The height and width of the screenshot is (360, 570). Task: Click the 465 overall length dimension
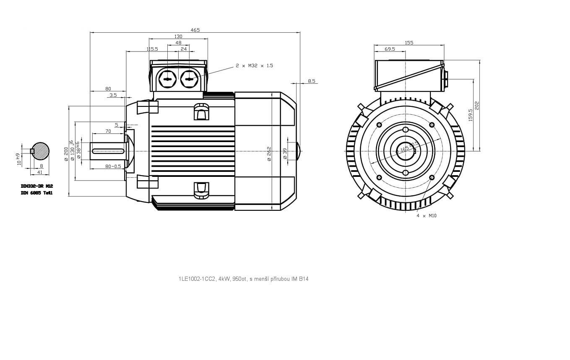195,30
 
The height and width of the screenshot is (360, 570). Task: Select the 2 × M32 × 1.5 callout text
254,66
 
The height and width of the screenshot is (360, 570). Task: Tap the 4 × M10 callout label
427,215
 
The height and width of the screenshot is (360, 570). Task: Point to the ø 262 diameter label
269,154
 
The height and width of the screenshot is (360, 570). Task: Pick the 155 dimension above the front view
409,42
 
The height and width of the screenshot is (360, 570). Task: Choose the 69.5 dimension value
390,49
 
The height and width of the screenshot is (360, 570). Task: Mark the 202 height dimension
477,105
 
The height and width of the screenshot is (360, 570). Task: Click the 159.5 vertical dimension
470,115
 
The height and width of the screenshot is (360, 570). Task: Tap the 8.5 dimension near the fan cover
311,81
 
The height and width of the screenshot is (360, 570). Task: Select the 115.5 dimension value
152,49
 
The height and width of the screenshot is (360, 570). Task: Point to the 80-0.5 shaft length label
113,166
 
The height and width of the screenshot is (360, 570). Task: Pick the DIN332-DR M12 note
37,186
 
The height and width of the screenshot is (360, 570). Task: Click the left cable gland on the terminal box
167,79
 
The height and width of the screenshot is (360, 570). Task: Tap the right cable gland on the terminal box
190,79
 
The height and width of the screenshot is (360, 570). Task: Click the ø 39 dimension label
285,154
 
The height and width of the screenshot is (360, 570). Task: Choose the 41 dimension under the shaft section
40,172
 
